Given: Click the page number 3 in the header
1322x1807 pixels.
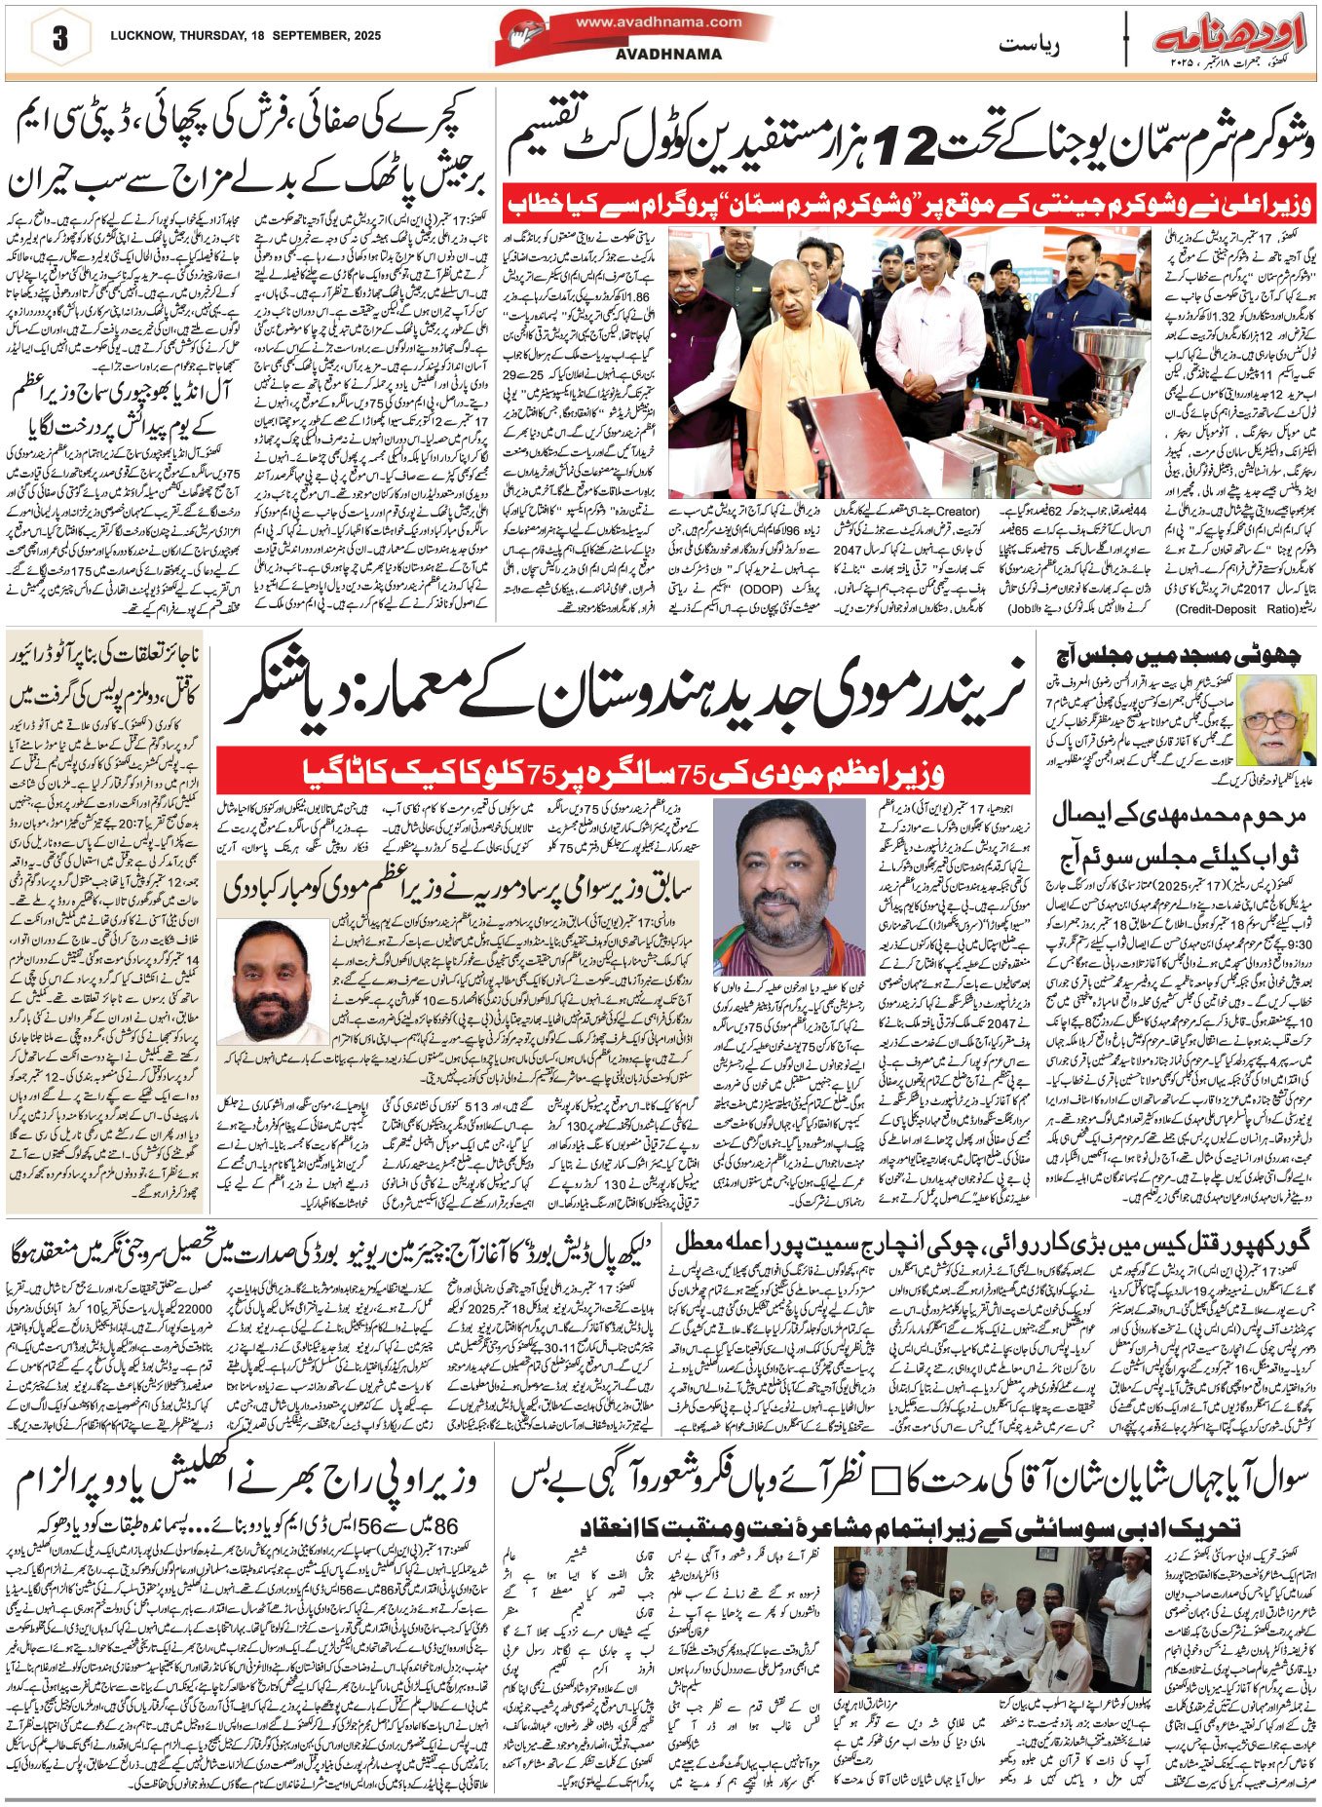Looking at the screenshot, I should [59, 39].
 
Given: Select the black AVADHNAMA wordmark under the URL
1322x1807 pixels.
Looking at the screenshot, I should [668, 55].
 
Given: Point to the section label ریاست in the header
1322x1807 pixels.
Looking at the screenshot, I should [1029, 44].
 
